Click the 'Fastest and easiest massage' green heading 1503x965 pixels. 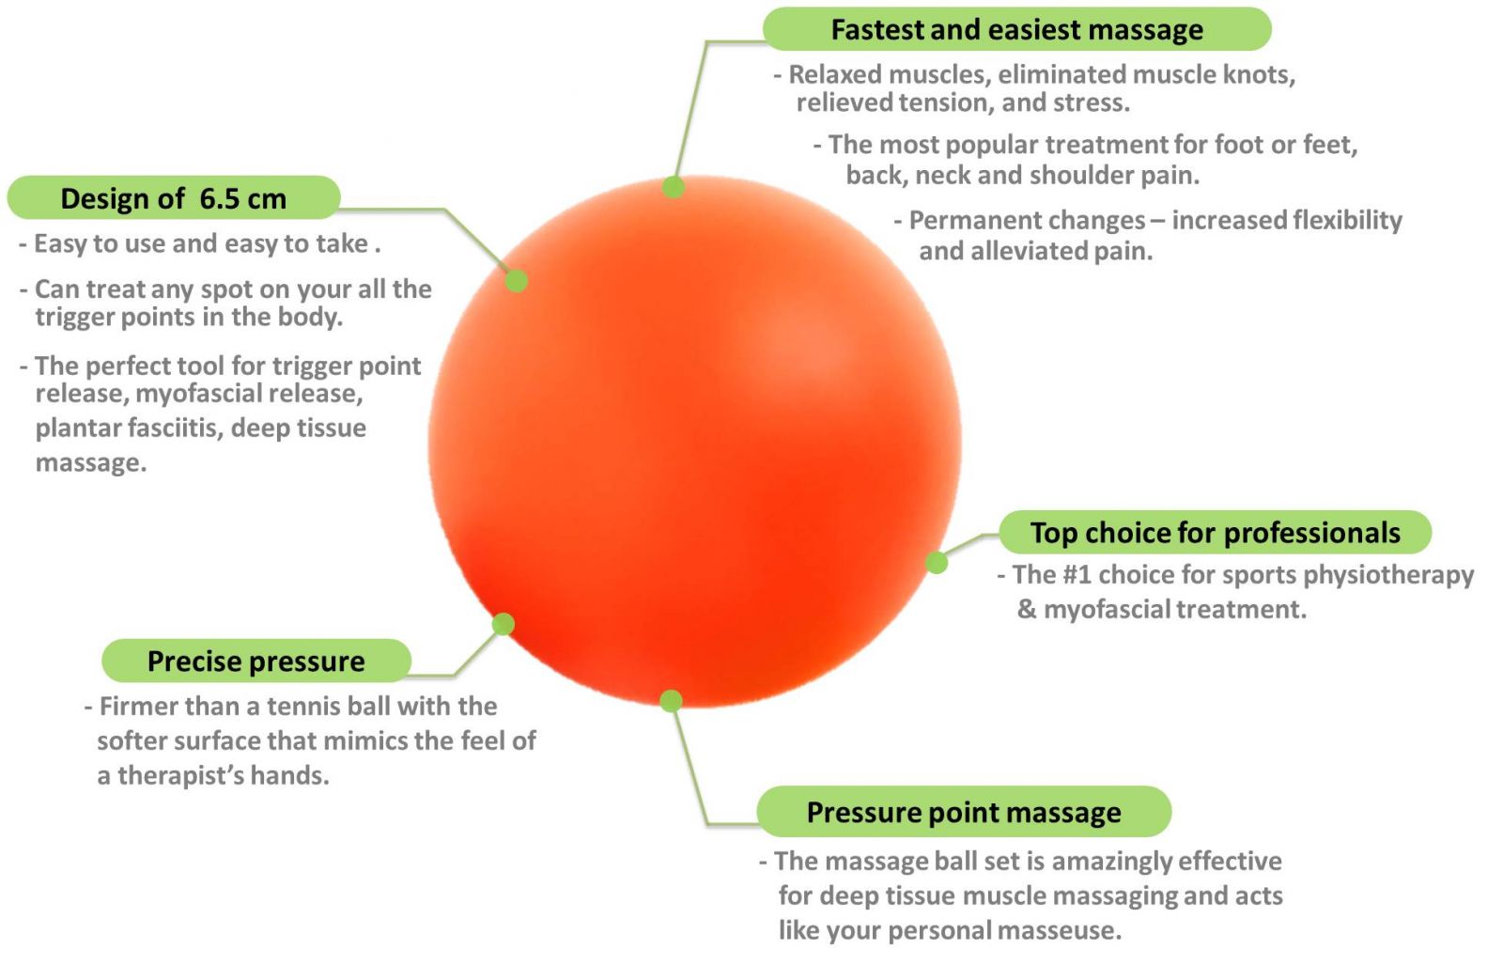(x=1016, y=29)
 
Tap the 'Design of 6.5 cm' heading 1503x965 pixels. (x=173, y=198)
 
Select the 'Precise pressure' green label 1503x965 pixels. (x=256, y=661)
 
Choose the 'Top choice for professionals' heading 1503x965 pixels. (x=1215, y=532)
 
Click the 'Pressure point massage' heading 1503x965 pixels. (x=964, y=812)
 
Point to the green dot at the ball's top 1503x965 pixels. (x=673, y=187)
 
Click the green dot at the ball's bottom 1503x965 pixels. (x=671, y=701)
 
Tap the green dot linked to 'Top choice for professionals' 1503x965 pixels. (x=937, y=562)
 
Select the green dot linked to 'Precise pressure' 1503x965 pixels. (x=504, y=624)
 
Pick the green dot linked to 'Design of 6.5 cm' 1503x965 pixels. (x=516, y=281)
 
